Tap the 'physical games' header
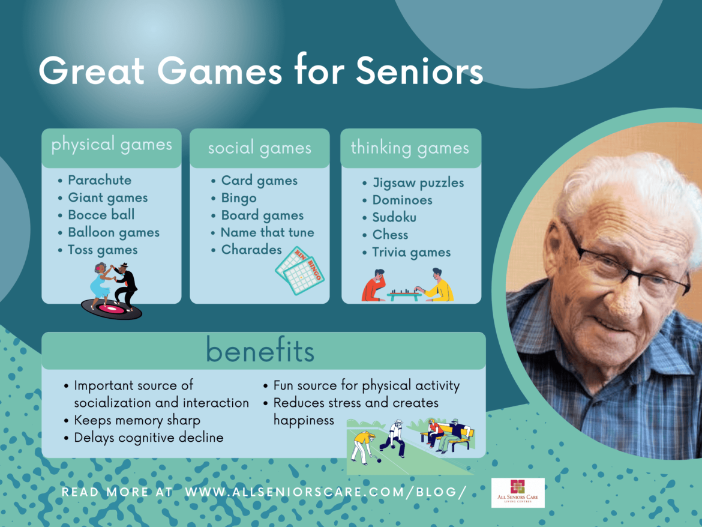pos(112,145)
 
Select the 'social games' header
pos(259,148)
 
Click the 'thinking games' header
pos(410,148)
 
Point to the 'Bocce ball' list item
pos(101,215)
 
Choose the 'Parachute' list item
pos(99,180)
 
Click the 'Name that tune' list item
pos(267,232)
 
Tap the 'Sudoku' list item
pos(394,217)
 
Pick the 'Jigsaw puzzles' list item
pos(418,183)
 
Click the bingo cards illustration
pos(299,271)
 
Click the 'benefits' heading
pos(260,351)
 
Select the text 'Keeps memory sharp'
pos(137,420)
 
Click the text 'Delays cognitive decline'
pos(148,438)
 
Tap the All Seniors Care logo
pos(518,492)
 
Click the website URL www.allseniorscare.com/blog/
pos(325,492)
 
